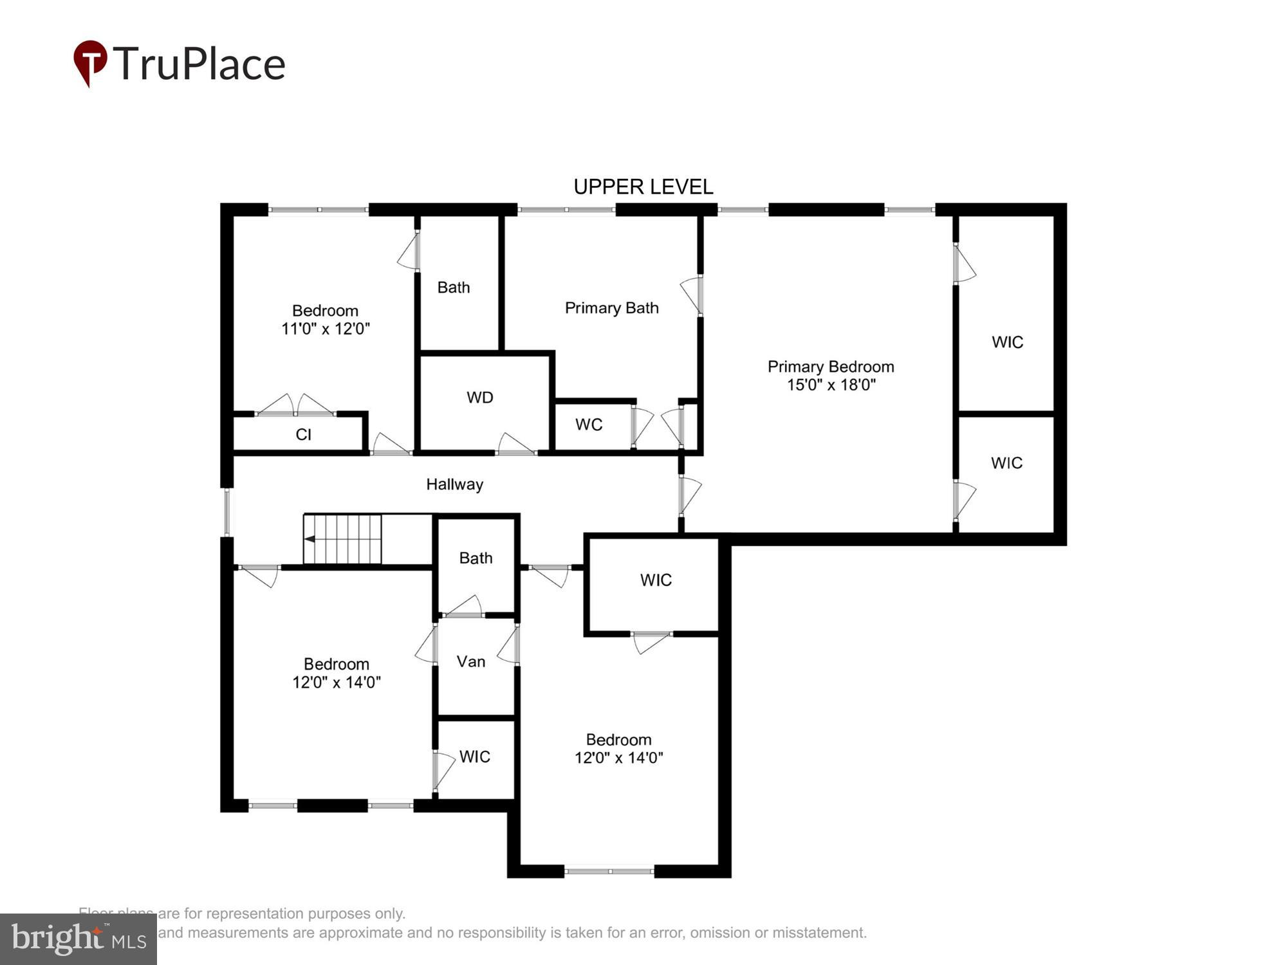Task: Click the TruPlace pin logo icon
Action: (x=90, y=62)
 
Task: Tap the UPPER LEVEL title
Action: (x=643, y=187)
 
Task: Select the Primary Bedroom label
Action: (x=830, y=367)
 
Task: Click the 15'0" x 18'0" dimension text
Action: (x=831, y=385)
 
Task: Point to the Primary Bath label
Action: (x=611, y=308)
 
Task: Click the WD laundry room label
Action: (x=479, y=398)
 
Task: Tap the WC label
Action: (x=589, y=425)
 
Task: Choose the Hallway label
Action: (x=454, y=484)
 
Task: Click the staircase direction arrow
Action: (x=310, y=538)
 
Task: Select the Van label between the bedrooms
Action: (x=470, y=661)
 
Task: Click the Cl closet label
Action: (x=303, y=435)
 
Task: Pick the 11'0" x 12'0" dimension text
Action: (x=326, y=329)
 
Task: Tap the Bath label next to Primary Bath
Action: (x=453, y=288)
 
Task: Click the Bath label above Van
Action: (x=476, y=558)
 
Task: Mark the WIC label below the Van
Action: (x=474, y=757)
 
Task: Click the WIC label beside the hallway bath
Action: (x=656, y=580)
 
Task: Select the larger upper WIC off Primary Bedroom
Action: (x=1007, y=342)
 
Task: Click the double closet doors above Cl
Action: (x=296, y=405)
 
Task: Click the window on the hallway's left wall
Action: (x=227, y=512)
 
